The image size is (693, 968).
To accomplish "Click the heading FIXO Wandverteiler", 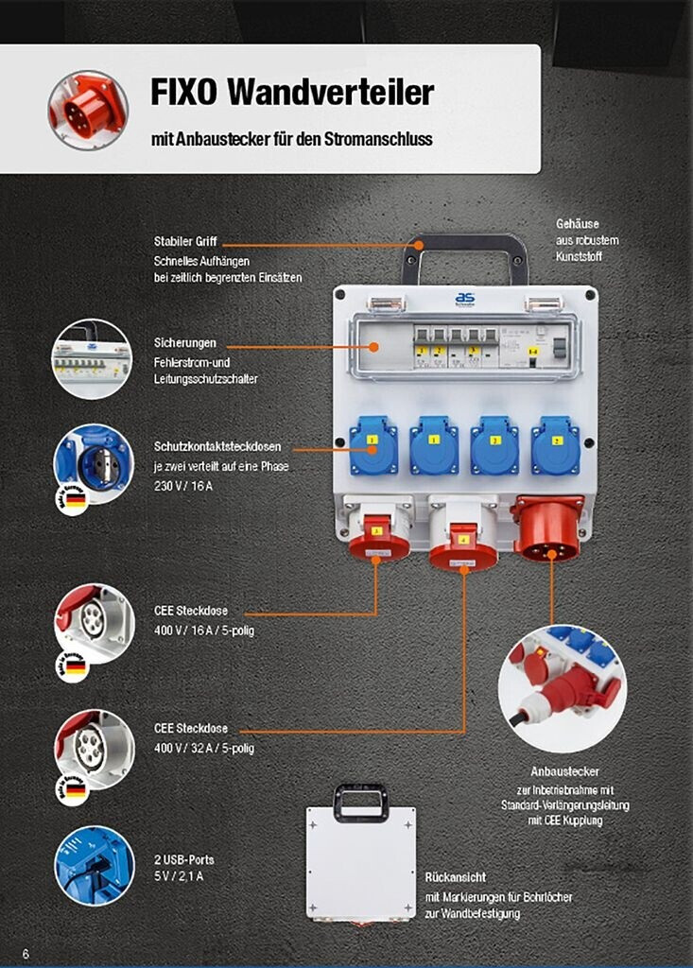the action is [292, 93].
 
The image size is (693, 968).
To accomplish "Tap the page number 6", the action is [26, 954].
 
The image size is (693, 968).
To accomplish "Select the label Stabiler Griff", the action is [185, 242].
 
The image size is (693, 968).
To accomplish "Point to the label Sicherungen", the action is [185, 342].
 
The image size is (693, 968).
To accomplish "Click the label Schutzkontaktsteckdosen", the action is [217, 446].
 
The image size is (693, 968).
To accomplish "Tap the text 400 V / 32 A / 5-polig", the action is [203, 748].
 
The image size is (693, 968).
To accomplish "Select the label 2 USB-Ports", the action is [183, 859].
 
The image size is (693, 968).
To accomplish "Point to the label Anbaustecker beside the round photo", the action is [564, 771].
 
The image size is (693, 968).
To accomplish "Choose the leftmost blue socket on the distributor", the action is [372, 444].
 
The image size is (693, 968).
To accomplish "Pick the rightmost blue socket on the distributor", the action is [555, 444].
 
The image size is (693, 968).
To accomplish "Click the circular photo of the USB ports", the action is [94, 865].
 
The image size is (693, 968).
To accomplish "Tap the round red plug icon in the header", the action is [88, 110].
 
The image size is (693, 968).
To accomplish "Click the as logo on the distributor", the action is [464, 299].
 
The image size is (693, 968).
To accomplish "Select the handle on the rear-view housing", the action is [361, 801].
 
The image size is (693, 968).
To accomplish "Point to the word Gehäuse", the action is [577, 225].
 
